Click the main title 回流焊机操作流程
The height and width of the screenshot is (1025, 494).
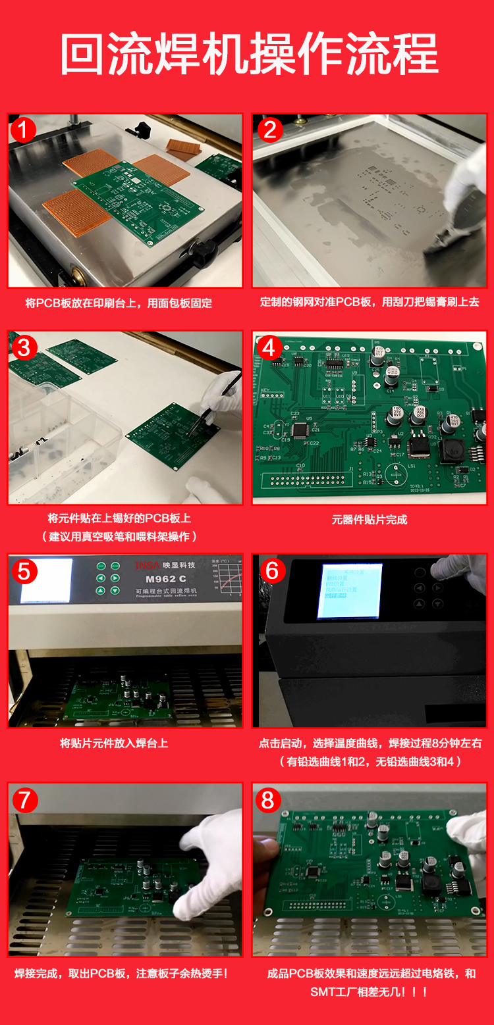[x=249, y=55]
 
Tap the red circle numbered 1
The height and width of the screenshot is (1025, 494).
[x=24, y=130]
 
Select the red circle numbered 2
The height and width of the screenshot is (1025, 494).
[x=269, y=130]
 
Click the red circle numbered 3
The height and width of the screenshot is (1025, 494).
[x=24, y=347]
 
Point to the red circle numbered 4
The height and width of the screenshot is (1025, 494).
[x=269, y=347]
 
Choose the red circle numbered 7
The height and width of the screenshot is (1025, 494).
[x=24, y=799]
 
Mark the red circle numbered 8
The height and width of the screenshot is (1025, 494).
[x=268, y=799]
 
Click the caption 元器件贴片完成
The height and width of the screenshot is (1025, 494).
[x=369, y=520]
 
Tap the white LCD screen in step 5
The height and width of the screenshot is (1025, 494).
[x=46, y=582]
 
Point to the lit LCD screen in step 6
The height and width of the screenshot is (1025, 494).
[x=349, y=591]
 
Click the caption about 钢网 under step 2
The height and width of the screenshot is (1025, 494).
[x=370, y=303]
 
